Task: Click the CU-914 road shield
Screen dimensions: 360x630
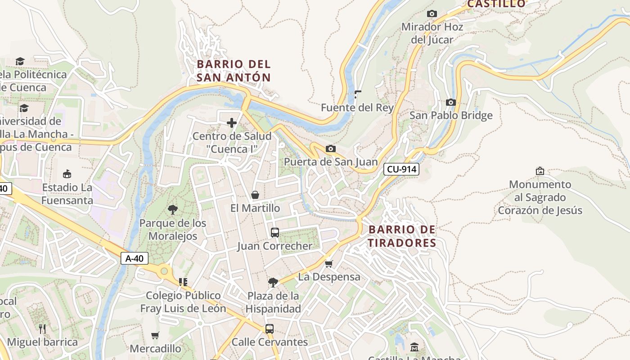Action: tap(401, 169)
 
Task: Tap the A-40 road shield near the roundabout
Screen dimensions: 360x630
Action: tap(134, 258)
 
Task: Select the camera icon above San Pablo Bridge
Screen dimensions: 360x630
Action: tap(450, 103)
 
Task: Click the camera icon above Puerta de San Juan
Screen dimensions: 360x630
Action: tap(330, 148)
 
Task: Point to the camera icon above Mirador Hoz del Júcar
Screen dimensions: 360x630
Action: tap(432, 14)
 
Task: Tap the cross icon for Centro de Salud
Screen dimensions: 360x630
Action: tap(232, 123)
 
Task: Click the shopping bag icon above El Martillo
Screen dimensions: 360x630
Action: tap(255, 195)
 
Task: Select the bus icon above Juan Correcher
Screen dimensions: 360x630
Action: tap(274, 233)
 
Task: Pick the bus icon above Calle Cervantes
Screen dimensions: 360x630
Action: tap(269, 328)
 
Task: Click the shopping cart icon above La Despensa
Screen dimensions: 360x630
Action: tap(329, 263)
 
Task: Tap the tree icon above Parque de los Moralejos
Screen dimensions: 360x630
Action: tap(172, 209)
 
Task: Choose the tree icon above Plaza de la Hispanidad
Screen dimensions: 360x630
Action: tap(273, 283)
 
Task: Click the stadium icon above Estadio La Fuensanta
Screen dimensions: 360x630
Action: tap(67, 174)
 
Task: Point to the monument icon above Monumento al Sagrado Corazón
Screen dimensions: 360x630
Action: tap(540, 171)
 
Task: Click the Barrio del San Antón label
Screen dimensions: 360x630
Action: tap(234, 71)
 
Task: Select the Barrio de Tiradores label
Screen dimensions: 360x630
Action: tap(402, 236)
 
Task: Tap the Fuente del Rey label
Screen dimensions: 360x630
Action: tap(357, 108)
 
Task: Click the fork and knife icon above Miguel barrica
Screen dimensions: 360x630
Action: tap(42, 328)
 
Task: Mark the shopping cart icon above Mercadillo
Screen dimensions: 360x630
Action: tap(155, 335)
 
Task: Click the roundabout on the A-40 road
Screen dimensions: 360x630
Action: tap(165, 271)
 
